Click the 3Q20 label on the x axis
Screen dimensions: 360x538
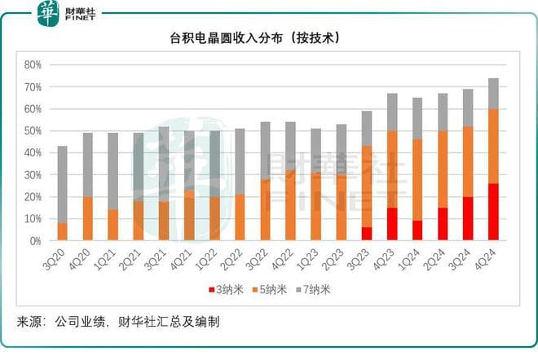[x=60, y=258]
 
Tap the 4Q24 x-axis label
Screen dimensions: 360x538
[x=491, y=258]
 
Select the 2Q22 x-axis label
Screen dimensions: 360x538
[x=237, y=258]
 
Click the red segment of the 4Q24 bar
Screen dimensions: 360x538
[x=493, y=212]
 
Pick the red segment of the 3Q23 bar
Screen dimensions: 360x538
[x=366, y=234]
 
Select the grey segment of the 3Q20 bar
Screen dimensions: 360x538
[x=62, y=184]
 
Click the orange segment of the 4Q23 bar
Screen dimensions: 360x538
[x=392, y=169]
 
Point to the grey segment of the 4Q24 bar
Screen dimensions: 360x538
[x=493, y=94]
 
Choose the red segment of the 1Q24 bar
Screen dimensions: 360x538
[x=417, y=230]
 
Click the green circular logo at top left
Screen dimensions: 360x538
[x=48, y=11]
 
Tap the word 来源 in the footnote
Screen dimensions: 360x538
[x=29, y=322]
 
